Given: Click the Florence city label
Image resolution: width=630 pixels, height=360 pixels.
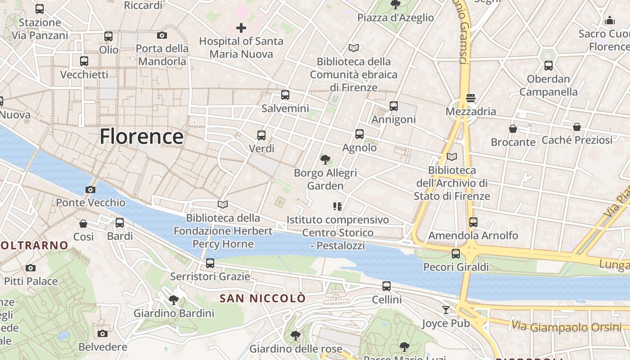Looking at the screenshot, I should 141,136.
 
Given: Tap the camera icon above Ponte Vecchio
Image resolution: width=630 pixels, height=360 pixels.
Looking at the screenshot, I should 90,189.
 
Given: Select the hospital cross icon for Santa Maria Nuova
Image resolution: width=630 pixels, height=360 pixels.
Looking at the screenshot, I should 241,28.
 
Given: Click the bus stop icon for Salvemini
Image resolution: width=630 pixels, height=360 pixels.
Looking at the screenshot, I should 285,95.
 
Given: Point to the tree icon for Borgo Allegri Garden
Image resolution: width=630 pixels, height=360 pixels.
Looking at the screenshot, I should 325,159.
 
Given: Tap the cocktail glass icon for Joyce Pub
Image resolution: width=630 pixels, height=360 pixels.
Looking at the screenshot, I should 445,310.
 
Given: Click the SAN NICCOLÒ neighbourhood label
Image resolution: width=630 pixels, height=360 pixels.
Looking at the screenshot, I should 262,298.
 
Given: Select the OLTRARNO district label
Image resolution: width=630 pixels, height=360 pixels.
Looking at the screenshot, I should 34,245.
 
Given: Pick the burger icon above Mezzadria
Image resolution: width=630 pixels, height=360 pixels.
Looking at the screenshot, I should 471,98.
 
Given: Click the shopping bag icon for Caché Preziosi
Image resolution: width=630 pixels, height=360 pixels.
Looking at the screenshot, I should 577,127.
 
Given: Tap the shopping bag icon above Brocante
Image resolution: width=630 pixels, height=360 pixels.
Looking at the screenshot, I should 513,129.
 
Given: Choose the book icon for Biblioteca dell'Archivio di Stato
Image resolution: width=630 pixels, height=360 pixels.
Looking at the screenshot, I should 452,157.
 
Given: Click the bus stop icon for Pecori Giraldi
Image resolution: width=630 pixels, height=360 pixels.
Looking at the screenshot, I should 456,254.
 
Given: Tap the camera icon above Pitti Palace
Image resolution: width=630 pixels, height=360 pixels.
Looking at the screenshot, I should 31,268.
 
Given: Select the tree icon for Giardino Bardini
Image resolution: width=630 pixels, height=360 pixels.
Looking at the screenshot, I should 174,300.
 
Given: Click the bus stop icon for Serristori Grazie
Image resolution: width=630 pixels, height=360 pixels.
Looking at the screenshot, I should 210,263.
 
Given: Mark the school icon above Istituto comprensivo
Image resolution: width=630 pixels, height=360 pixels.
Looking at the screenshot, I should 337,207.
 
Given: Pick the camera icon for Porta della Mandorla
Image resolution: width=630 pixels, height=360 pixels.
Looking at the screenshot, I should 162,35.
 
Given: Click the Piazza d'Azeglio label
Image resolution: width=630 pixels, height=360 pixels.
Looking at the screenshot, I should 396,18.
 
